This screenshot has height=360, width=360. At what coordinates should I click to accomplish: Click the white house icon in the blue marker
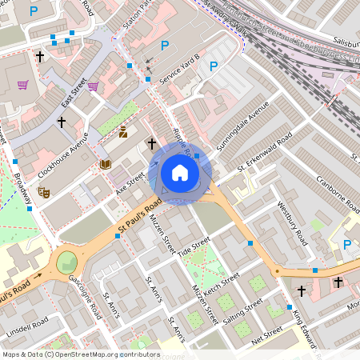[x=180, y=173]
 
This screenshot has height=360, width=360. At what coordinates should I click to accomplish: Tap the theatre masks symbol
[x=45, y=193]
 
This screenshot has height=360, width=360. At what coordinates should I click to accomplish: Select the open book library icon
[x=105, y=165]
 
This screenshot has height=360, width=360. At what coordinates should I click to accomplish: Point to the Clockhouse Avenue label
[x=63, y=154]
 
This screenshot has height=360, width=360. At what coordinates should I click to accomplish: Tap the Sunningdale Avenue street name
[x=246, y=125]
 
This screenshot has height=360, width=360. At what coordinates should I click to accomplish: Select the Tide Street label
[x=194, y=245]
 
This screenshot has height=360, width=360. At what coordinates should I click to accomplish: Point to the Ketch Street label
[x=222, y=283]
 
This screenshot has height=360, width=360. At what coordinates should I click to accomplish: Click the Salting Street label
[x=243, y=310]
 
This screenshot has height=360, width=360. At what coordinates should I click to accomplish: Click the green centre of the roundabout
[x=67, y=262]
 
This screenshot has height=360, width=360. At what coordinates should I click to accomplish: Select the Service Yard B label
[x=178, y=69]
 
